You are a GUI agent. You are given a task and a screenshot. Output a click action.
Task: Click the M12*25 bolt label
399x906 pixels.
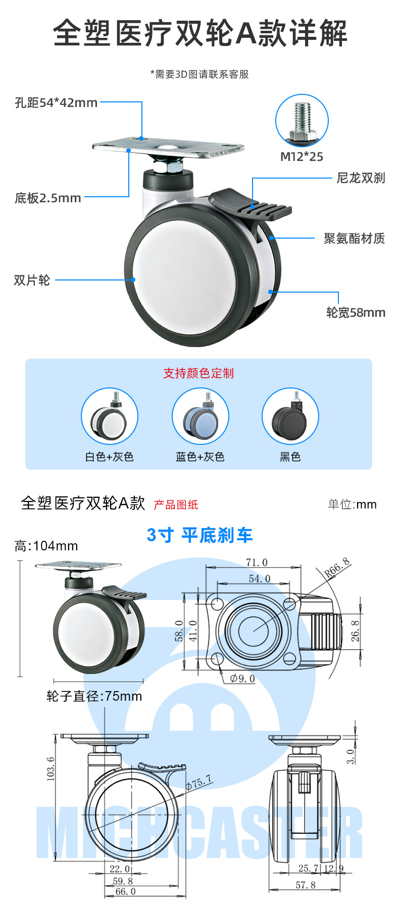tap(302, 156)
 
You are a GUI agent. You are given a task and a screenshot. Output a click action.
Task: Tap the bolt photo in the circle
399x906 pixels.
tap(302, 121)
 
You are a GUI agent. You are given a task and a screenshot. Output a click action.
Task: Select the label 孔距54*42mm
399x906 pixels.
tap(56, 103)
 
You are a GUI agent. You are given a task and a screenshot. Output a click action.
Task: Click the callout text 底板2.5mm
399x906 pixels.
tap(48, 198)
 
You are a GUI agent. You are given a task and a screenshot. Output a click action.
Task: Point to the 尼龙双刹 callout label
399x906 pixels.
tap(361, 178)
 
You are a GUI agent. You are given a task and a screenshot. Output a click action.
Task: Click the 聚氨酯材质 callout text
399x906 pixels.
tap(355, 238)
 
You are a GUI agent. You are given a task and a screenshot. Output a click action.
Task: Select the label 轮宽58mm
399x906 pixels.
tap(356, 312)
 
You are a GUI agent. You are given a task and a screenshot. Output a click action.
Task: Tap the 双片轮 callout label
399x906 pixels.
tap(32, 280)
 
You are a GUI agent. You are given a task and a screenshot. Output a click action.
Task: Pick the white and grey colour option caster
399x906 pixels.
tap(110, 417)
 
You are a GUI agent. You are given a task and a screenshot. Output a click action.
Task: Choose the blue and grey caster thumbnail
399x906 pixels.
tap(201, 417)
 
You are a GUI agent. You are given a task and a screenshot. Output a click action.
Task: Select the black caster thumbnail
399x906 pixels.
tap(290, 417)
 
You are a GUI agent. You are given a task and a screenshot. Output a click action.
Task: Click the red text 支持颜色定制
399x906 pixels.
tap(198, 373)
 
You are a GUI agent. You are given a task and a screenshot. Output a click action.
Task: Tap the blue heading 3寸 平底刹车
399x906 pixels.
tap(199, 535)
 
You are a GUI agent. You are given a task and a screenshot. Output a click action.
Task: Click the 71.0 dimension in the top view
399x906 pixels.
tap(257, 562)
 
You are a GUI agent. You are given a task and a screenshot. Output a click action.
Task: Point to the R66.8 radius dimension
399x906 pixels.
tap(337, 568)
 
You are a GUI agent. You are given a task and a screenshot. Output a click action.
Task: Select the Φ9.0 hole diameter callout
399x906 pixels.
tap(242, 678)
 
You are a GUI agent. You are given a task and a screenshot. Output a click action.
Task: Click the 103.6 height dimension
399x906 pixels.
tap(51, 769)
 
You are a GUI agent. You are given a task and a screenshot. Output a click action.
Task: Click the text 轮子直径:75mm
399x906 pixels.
tap(94, 697)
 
